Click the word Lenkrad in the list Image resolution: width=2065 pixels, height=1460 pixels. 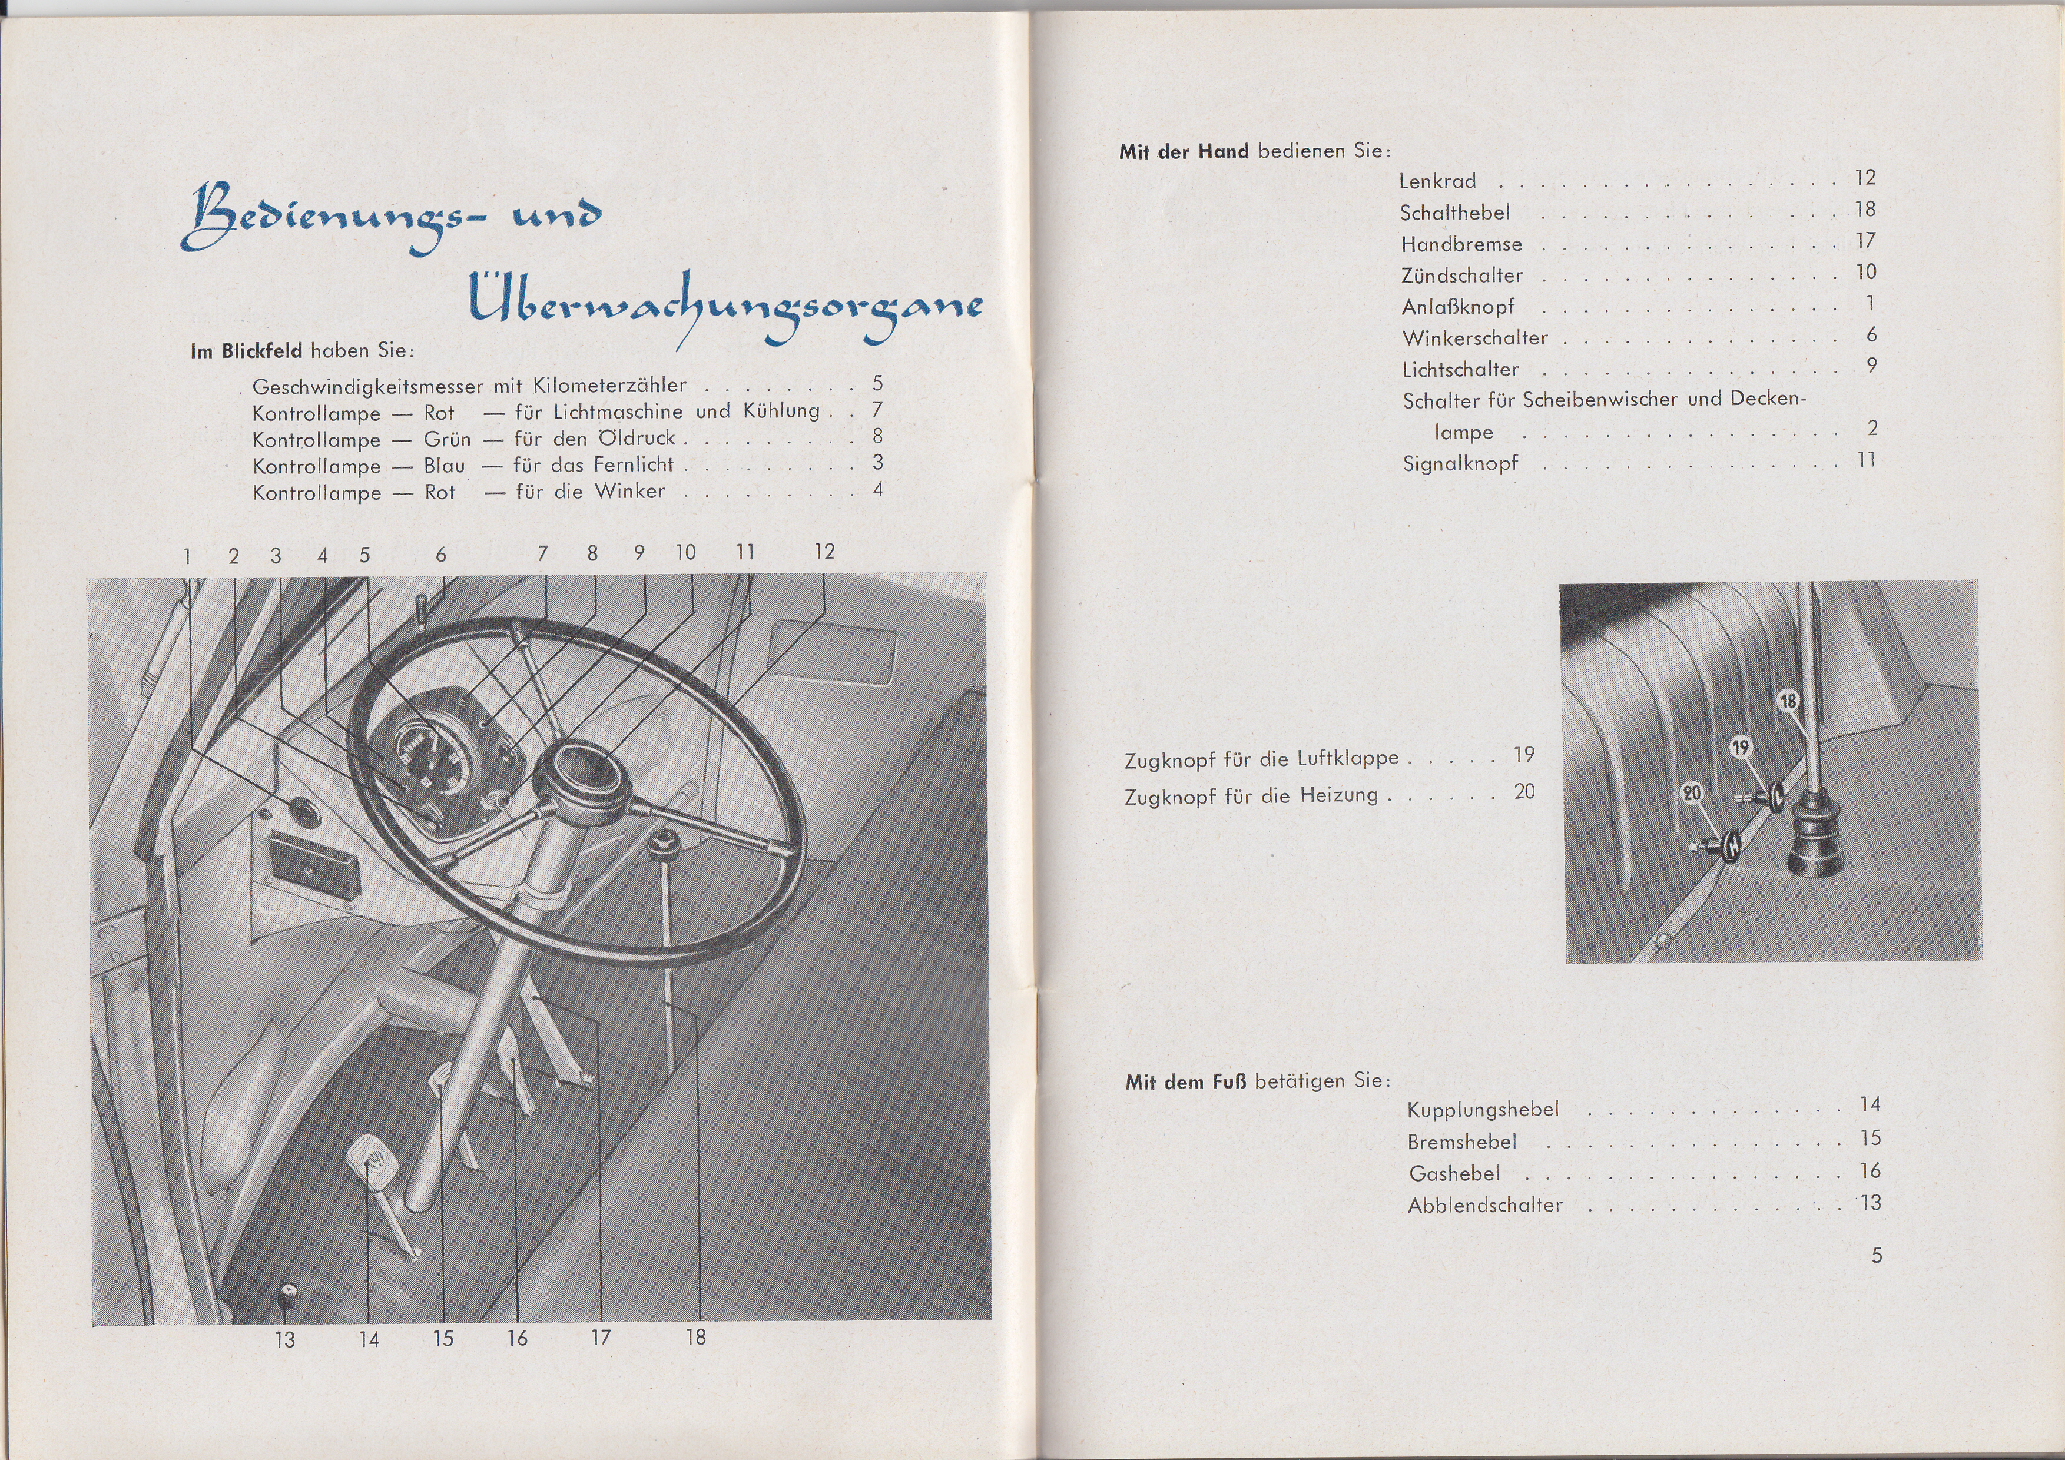click(1437, 181)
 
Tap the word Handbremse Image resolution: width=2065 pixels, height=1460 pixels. click(1461, 244)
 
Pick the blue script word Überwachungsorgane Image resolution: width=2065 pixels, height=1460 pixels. click(724, 306)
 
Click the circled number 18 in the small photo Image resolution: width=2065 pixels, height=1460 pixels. click(1789, 701)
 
